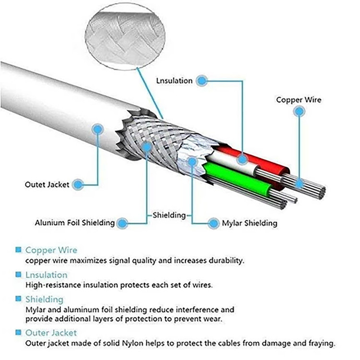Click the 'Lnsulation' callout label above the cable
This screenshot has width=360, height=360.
tap(174, 81)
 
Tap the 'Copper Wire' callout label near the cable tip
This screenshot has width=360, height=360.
tap(299, 100)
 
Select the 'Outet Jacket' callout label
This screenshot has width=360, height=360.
tap(47, 184)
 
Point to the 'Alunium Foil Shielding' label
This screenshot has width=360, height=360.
tap(75, 223)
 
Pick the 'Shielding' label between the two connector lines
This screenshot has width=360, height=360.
tap(169, 215)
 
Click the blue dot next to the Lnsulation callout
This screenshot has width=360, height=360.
tap(202, 81)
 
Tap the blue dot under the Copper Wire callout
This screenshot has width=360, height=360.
tap(300, 111)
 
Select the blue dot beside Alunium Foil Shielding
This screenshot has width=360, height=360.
tap(122, 223)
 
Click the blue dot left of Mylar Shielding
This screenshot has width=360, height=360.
tap(214, 223)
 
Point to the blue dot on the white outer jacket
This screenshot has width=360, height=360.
tap(98, 129)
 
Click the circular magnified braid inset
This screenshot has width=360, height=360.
tap(126, 34)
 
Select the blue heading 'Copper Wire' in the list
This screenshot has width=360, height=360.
tap(51, 250)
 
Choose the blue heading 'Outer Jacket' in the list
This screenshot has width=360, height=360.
tap(51, 333)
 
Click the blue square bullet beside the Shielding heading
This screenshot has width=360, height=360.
tap(18, 299)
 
